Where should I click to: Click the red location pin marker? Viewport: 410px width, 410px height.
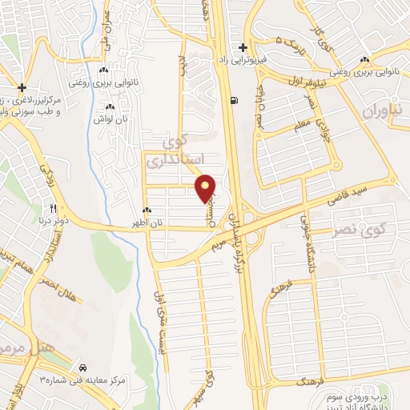click(x=207, y=188)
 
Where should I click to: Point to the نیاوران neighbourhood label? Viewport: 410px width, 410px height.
click(x=381, y=111)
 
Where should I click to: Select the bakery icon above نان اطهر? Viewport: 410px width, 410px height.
click(x=148, y=210)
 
